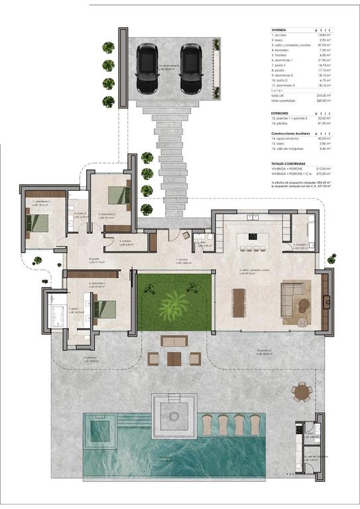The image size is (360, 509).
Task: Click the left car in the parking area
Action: tap(147, 68)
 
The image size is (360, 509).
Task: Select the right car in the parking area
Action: tap(191, 68)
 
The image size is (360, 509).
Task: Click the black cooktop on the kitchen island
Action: tap(253, 236)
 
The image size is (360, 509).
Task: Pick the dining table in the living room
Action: tap(239, 302)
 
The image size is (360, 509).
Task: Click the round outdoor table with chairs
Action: tap(302, 392)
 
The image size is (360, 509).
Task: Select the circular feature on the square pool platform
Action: tap(174, 416)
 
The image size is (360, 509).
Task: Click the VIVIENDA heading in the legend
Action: tap(280, 30)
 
